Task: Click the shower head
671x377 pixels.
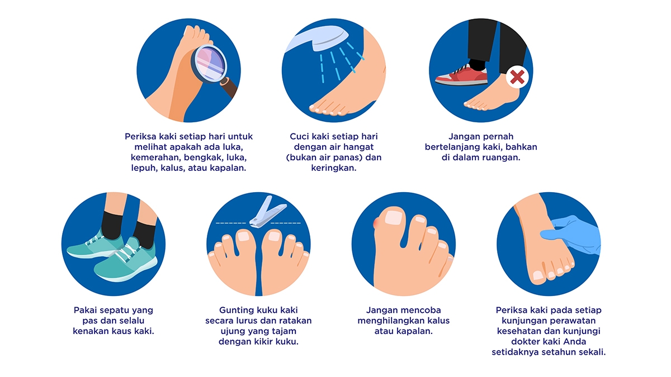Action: [317, 39]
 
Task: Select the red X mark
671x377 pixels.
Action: [517, 77]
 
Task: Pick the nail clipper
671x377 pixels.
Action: [267, 212]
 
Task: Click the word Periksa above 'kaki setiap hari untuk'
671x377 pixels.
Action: [140, 136]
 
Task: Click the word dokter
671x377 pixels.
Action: [526, 342]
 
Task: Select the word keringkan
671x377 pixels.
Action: [334, 168]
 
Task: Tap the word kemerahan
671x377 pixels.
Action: [155, 158]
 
